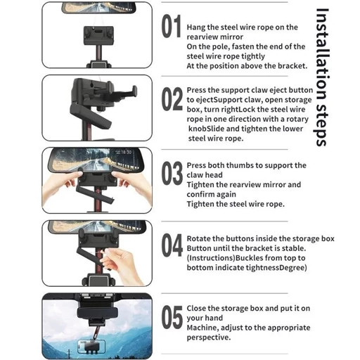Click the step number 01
click(x=172, y=26)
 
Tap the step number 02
click(x=172, y=98)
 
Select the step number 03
click(x=172, y=173)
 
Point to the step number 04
click(x=172, y=245)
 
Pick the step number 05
click(x=172, y=317)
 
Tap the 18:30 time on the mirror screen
click(x=126, y=153)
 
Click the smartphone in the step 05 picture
click(x=91, y=347)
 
